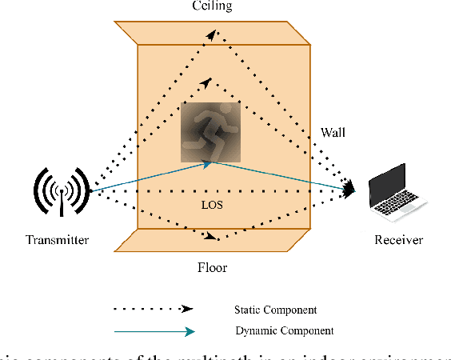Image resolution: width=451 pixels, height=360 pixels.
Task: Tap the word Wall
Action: pos(334,131)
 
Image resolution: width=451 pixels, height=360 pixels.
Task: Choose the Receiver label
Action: pos(397,240)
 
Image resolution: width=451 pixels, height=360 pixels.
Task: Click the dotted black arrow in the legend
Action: pos(152,307)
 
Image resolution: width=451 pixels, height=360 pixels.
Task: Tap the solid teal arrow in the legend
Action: pos(152,330)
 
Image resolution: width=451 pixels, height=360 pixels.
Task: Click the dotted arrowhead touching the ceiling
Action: pos(211,34)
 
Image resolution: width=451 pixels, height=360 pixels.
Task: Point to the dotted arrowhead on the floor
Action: pos(212,236)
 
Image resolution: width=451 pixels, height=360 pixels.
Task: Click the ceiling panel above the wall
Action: pos(212,32)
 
